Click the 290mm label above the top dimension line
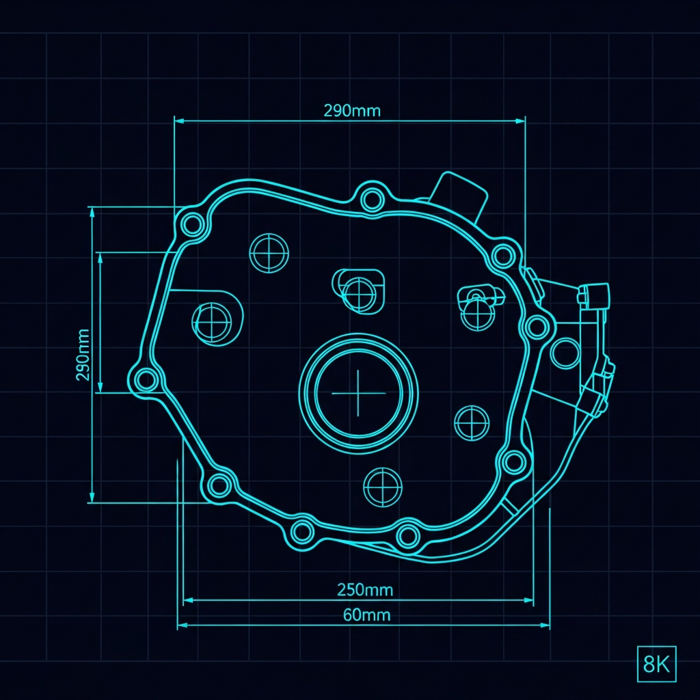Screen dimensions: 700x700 point(352,111)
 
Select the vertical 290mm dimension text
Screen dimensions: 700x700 point(83,355)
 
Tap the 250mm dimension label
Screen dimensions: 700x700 point(365,590)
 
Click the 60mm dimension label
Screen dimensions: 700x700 point(366,615)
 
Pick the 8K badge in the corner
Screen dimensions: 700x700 point(656,664)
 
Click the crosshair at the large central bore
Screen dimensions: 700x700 point(358,393)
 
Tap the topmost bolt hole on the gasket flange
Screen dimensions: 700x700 point(372,200)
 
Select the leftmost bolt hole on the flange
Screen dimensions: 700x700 point(146,380)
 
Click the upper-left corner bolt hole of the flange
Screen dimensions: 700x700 point(192,224)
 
